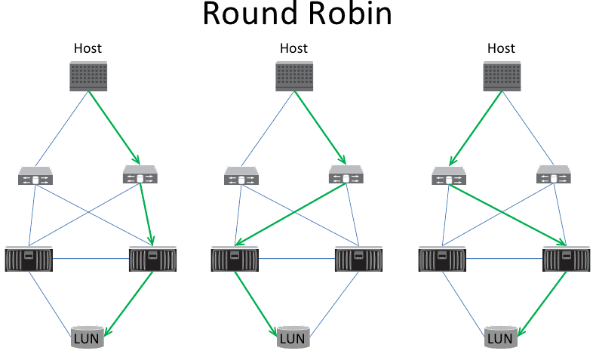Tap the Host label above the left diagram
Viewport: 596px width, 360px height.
(x=88, y=48)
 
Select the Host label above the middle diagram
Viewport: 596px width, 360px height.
(x=293, y=48)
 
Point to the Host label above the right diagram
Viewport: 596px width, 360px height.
(x=501, y=48)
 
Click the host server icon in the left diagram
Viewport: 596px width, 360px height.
(x=88, y=76)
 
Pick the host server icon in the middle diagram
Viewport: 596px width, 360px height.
(x=294, y=76)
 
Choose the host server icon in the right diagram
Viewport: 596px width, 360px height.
(x=502, y=76)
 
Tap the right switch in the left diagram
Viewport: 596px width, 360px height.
(x=140, y=176)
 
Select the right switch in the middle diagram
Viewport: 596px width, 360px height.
(x=346, y=176)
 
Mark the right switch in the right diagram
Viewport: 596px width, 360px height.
(x=553, y=177)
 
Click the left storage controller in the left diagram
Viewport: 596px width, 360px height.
(x=29, y=259)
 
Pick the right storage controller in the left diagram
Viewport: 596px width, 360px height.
(x=152, y=259)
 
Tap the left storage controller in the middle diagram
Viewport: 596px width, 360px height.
(x=234, y=259)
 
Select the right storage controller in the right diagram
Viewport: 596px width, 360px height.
(x=566, y=259)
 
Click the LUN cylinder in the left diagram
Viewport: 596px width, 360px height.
(x=87, y=337)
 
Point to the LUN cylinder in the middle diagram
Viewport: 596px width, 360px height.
(x=293, y=337)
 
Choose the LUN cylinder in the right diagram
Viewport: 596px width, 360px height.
(x=500, y=337)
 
